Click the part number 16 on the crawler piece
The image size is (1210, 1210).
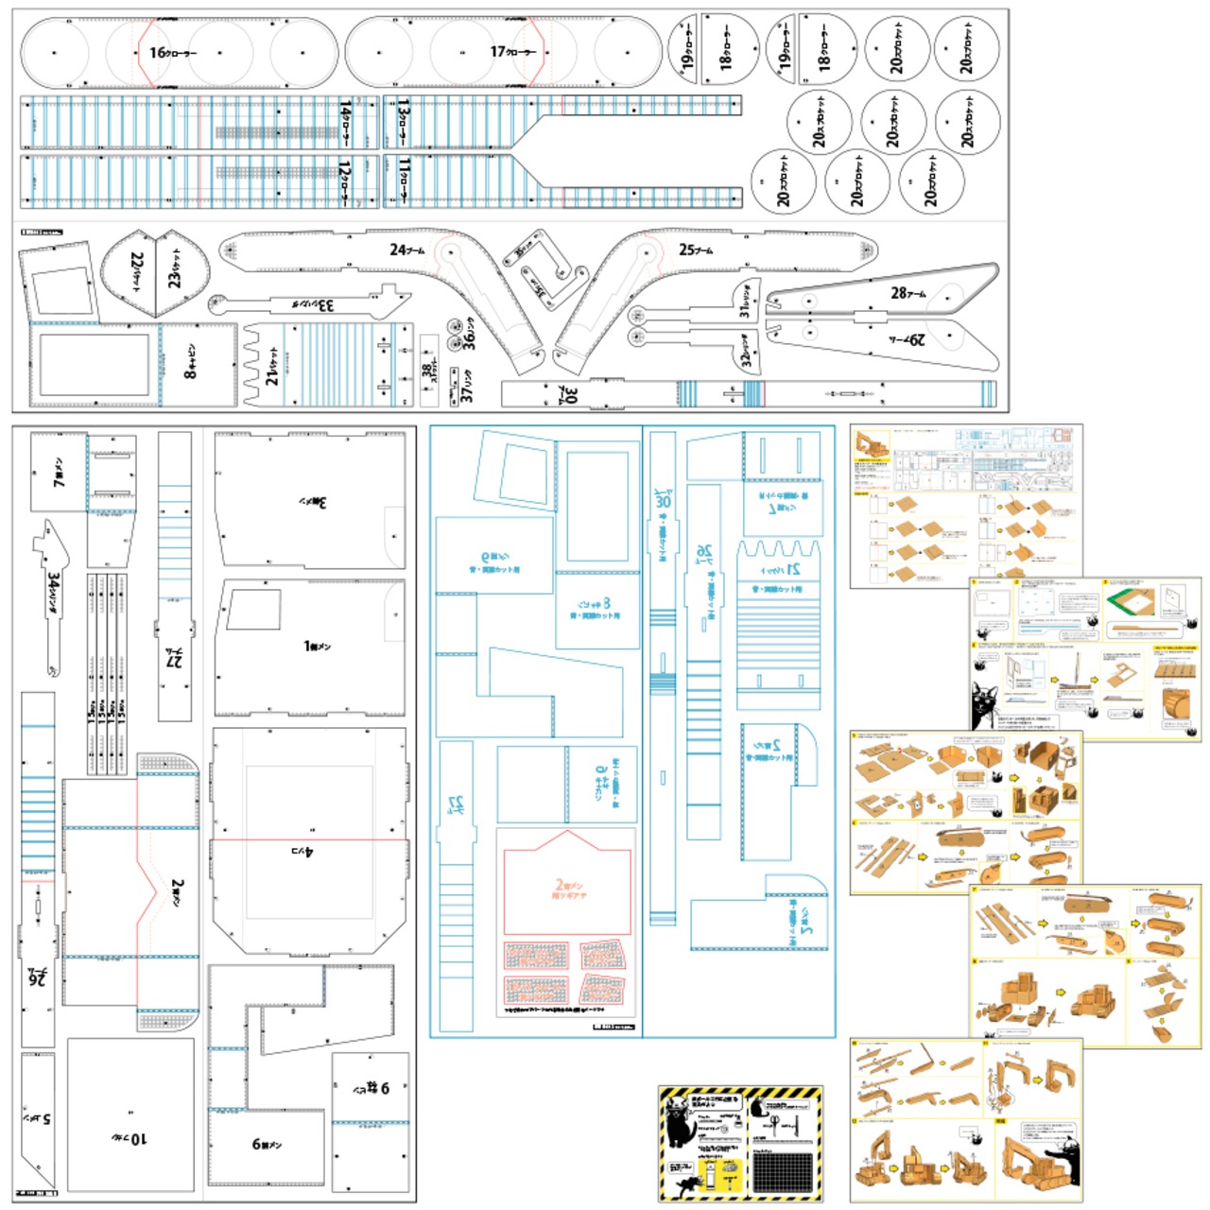point(158,53)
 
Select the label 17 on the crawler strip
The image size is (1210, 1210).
point(498,52)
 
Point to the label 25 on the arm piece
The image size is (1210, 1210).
point(687,250)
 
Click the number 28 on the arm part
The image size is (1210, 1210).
point(899,293)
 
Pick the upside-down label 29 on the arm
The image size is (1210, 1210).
point(914,338)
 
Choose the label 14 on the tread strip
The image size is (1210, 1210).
point(345,112)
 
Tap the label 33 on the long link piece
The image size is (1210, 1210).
point(325,305)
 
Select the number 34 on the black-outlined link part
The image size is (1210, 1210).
point(54,584)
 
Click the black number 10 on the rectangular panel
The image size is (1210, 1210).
point(138,1138)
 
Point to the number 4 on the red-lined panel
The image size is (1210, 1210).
point(310,852)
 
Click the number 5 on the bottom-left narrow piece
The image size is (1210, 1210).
point(45,1119)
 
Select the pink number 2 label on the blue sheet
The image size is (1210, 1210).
point(558,886)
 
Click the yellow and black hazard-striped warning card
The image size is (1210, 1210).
point(740,1144)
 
